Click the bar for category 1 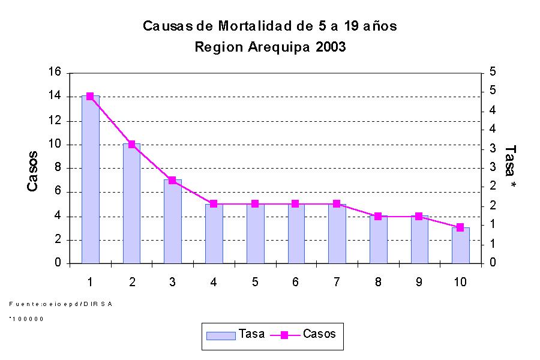click(x=91, y=179)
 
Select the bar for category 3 click(x=173, y=221)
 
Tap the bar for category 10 click(x=461, y=245)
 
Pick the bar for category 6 click(x=296, y=233)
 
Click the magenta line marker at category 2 click(x=131, y=144)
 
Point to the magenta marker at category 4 click(x=214, y=204)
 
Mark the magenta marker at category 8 click(x=378, y=216)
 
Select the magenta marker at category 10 click(x=460, y=227)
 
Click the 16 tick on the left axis click(x=55, y=73)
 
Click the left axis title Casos click(x=33, y=172)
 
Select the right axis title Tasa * click(x=511, y=167)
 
